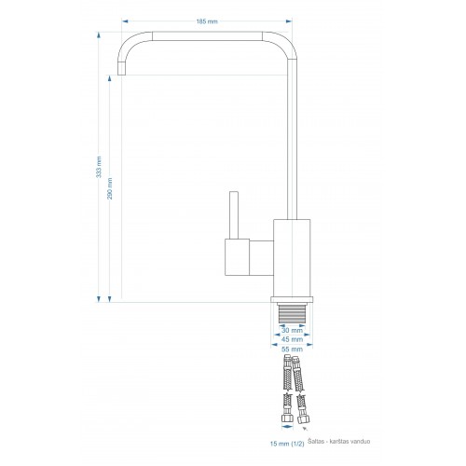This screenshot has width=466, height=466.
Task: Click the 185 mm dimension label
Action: pyautogui.click(x=207, y=21)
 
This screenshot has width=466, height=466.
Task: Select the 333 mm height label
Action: pyautogui.click(x=99, y=167)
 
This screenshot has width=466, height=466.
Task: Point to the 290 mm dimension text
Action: pyautogui.click(x=110, y=188)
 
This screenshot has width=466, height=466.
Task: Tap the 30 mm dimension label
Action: pyautogui.click(x=292, y=330)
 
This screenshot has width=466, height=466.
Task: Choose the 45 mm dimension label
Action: pyautogui.click(x=292, y=339)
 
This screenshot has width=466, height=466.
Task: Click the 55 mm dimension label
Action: pyautogui.click(x=292, y=349)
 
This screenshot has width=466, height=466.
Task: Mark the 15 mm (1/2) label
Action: pyautogui.click(x=287, y=444)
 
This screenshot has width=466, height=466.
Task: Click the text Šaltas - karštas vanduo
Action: pyautogui.click(x=339, y=441)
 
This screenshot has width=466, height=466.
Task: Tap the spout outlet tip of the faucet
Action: pyautogui.click(x=121, y=68)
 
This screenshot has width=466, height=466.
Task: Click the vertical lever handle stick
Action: pyautogui.click(x=234, y=215)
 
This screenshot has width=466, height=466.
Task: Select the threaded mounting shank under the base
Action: pyautogui.click(x=292, y=313)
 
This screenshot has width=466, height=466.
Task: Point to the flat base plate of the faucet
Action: pyautogui.click(x=292, y=299)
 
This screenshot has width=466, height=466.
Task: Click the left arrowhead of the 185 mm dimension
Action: pyautogui.click(x=125, y=21)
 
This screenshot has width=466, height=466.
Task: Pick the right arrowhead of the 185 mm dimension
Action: pyautogui.click(x=289, y=21)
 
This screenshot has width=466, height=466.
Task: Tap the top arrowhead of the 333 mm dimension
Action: pyautogui.click(x=99, y=34)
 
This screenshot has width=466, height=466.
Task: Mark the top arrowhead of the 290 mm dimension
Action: pyautogui.click(x=109, y=78)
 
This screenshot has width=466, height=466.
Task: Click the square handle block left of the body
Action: pyautogui.click(x=237, y=257)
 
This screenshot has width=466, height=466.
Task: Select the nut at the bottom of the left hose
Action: pyautogui.click(x=287, y=418)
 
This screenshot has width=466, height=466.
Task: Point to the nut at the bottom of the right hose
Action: pyautogui.click(x=302, y=419)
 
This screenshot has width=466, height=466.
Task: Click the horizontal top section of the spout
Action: pyautogui.click(x=207, y=36)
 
